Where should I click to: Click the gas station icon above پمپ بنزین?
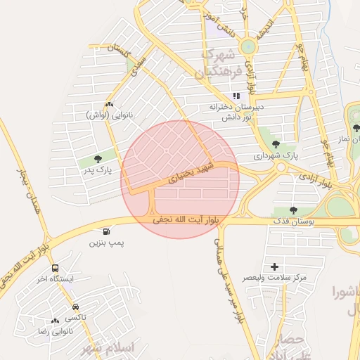coord(106,231)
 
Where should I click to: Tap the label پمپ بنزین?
coord(106,243)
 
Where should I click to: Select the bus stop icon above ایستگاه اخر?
coord(55,268)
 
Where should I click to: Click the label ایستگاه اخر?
coord(56,279)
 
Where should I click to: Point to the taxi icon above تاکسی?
coord(75,307)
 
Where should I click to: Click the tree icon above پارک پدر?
coord(97,159)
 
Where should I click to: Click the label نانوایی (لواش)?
coord(109,115)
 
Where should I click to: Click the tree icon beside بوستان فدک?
coord(293,210)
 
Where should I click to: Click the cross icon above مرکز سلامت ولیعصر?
coord(274,266)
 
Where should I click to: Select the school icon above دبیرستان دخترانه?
coord(237,96)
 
